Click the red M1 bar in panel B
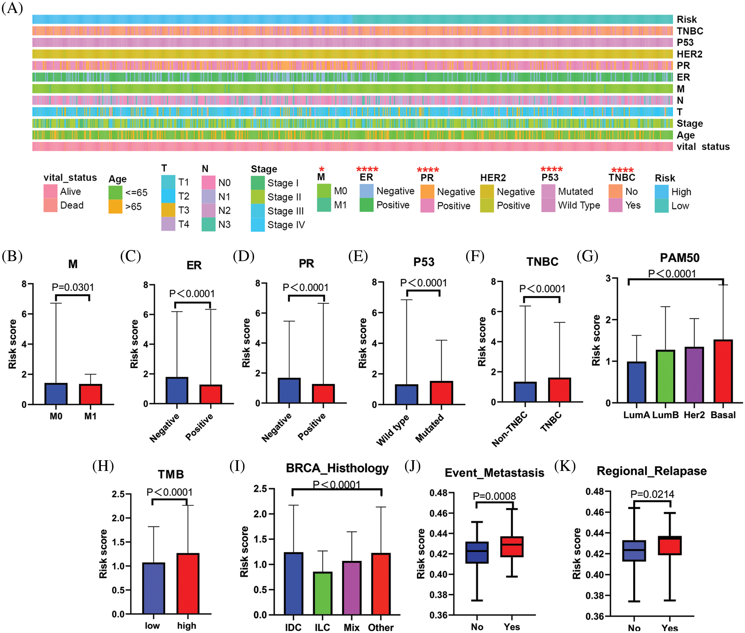(x=91, y=394)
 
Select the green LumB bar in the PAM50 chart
(x=665, y=376)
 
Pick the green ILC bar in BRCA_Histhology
(x=322, y=593)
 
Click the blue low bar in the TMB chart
(x=153, y=588)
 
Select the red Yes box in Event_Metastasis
(x=512, y=547)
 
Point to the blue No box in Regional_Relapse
(x=634, y=551)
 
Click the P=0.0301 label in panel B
(x=73, y=287)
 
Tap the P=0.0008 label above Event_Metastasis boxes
(x=494, y=496)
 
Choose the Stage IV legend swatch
(x=258, y=225)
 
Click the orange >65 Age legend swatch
(x=115, y=206)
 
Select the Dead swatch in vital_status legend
(x=50, y=205)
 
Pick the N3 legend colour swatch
(x=208, y=224)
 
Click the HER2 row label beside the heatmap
(x=689, y=54)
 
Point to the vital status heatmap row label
(x=703, y=147)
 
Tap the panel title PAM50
(x=679, y=258)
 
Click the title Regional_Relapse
(x=651, y=471)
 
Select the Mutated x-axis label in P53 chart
(x=429, y=428)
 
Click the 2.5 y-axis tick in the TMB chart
(x=118, y=494)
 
